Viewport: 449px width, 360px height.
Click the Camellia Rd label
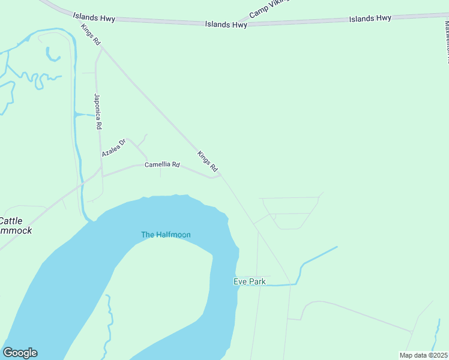pyautogui.click(x=162, y=164)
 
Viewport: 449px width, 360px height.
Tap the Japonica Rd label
pyautogui.click(x=97, y=112)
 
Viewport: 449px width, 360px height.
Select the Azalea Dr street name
pyautogui.click(x=113, y=148)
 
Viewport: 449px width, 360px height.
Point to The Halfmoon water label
pyautogui.click(x=166, y=235)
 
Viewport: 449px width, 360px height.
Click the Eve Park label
pyautogui.click(x=249, y=281)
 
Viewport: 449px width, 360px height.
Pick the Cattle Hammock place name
pyautogui.click(x=16, y=226)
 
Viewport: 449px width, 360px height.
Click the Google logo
pyautogui.click(x=20, y=353)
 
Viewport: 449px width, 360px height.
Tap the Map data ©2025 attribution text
pyautogui.click(x=423, y=355)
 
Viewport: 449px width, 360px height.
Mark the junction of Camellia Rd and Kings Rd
pyautogui.click(x=220, y=175)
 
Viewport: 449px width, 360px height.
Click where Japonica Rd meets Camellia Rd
pyautogui.click(x=102, y=176)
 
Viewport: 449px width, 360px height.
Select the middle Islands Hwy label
pyautogui.click(x=226, y=25)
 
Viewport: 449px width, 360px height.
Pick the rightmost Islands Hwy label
pyautogui.click(x=370, y=18)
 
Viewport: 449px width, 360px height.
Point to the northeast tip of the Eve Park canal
pyautogui.click(x=337, y=247)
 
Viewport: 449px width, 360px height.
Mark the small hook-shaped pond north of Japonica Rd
pyautogui.click(x=53, y=55)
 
